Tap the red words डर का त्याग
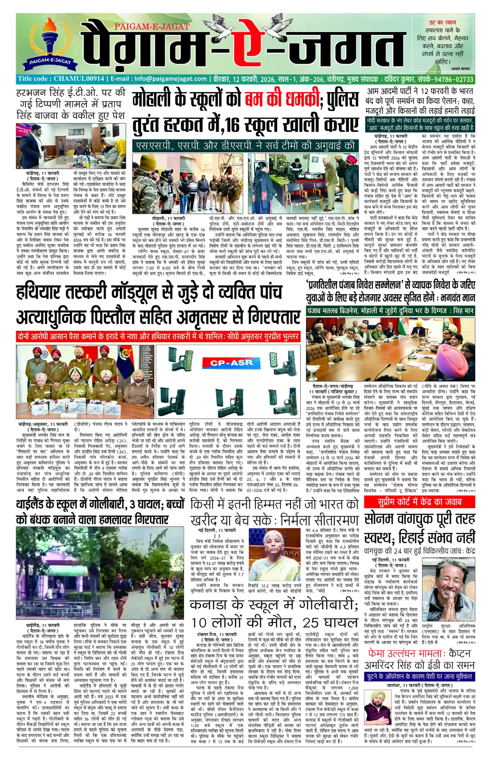coord(442,23)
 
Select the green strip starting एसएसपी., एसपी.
coord(245,145)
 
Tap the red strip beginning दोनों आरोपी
coord(158,337)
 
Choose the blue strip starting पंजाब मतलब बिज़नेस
coord(391,311)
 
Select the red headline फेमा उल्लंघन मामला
coord(419,653)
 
